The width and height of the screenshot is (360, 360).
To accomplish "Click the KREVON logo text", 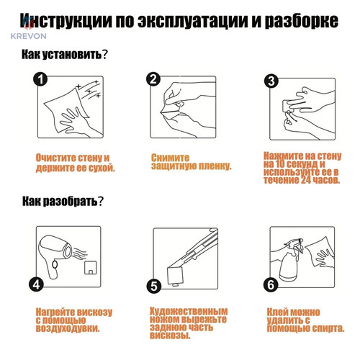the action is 29,36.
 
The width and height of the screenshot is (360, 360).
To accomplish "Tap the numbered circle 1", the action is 40,78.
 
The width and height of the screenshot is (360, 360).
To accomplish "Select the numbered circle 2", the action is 153,78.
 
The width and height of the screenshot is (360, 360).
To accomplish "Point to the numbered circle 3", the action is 271,81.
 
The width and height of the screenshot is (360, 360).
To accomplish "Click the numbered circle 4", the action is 36,284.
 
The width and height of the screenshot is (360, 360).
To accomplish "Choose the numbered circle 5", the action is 154,286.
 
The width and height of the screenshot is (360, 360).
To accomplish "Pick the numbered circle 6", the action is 271,285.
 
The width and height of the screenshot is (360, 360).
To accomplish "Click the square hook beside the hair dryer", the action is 91,268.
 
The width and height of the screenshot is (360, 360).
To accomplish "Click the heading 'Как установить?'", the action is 64,55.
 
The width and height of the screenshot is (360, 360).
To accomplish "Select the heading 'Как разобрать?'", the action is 63,201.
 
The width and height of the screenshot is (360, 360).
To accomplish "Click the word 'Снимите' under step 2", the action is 170,158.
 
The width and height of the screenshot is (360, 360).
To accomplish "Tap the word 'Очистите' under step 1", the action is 55,158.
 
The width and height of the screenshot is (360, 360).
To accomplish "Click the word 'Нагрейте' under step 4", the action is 55,312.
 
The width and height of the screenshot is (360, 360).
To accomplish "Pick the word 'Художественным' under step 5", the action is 189,311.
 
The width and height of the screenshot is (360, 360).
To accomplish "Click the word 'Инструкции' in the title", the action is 66,21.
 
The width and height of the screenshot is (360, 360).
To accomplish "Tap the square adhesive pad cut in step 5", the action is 176,275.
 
